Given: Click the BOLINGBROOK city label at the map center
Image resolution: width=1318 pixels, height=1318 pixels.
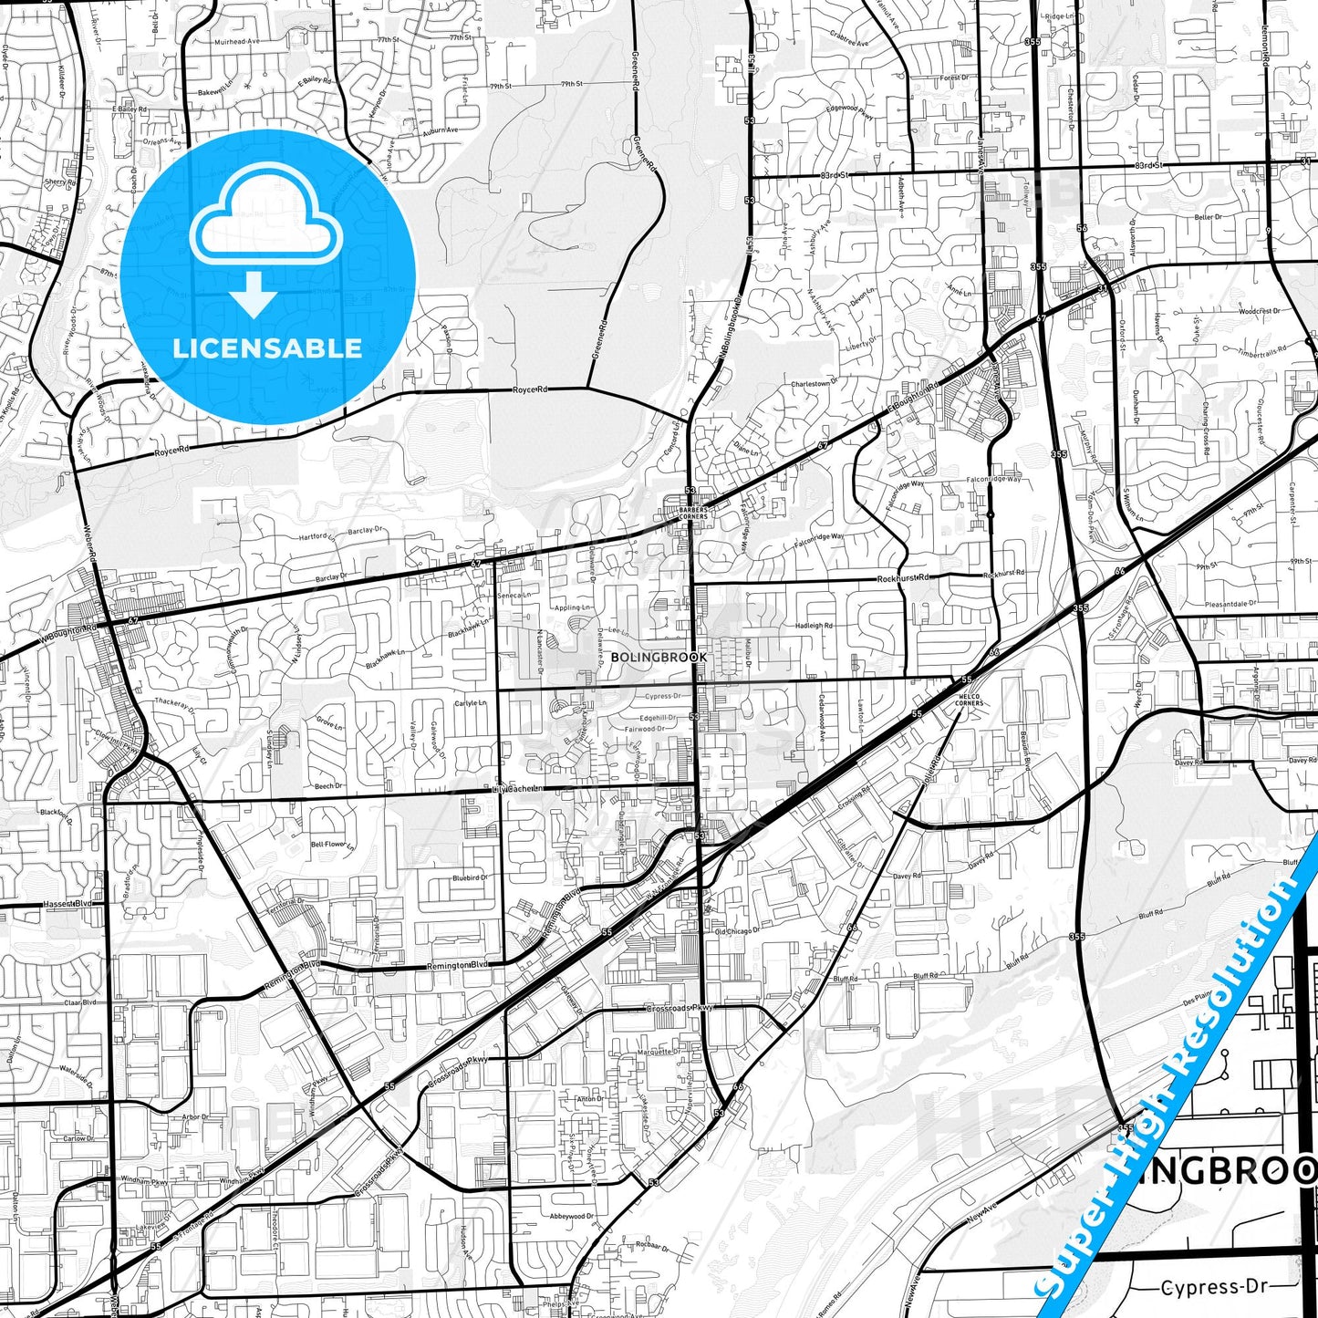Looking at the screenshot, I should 659,657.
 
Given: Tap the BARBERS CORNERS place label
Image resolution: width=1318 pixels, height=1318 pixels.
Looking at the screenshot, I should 692,514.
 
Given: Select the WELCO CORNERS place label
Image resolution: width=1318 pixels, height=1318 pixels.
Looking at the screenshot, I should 969,701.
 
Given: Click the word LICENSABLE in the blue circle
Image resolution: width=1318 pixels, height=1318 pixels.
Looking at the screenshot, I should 267,348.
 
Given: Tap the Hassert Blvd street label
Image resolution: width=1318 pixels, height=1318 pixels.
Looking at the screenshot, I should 68,904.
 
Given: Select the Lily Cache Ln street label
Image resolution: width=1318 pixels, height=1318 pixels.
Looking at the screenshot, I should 517,788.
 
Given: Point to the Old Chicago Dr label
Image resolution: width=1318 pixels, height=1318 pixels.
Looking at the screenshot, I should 737,931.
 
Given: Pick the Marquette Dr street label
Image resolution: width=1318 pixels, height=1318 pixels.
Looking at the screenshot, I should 659,1052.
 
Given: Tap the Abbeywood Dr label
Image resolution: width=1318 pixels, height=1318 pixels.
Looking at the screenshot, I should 572,1216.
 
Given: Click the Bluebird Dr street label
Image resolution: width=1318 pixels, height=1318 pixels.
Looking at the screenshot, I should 470,877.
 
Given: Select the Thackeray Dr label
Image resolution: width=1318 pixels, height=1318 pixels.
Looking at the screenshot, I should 175,703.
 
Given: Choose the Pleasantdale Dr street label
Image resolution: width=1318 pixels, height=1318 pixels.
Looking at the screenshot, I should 1230,604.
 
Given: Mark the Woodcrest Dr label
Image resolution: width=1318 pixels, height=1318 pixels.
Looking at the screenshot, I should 1259,311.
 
